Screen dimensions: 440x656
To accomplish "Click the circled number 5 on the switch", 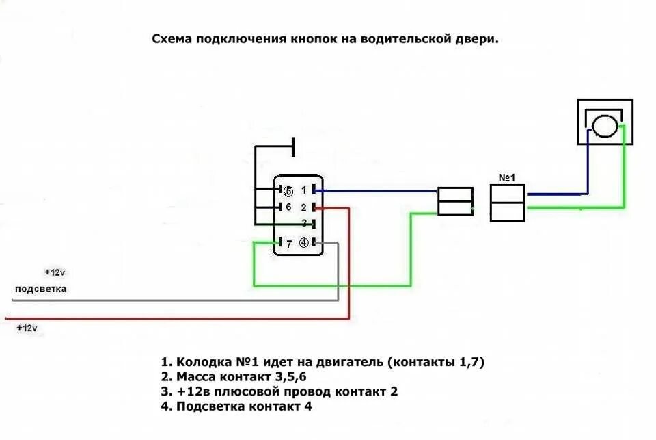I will pyautogui.click(x=288, y=191).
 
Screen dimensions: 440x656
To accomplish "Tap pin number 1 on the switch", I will pyautogui.click(x=304, y=190).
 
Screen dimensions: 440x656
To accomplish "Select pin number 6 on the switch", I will pyautogui.click(x=288, y=207).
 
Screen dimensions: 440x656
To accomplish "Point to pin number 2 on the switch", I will pyautogui.click(x=304, y=207).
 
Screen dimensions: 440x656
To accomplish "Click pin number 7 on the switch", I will pyautogui.click(x=289, y=243).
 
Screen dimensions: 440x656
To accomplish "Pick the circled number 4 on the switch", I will pyautogui.click(x=304, y=242).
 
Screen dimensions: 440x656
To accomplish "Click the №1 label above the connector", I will pyautogui.click(x=506, y=178).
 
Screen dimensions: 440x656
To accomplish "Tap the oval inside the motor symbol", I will pyautogui.click(x=605, y=127).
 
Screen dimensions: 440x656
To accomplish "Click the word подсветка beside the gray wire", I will pyautogui.click(x=41, y=289).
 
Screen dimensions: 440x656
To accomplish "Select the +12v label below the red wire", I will pyautogui.click(x=27, y=328).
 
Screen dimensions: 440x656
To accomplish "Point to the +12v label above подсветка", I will pyautogui.click(x=53, y=272).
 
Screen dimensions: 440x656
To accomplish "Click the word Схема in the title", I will pyautogui.click(x=172, y=39).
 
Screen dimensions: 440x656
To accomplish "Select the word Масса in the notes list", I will pyautogui.click(x=196, y=377).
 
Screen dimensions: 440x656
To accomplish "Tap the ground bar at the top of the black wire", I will pyautogui.click(x=293, y=146).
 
